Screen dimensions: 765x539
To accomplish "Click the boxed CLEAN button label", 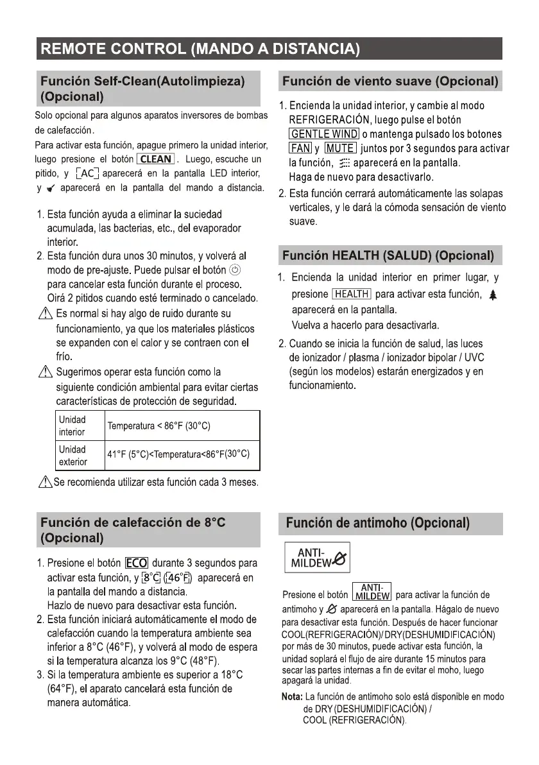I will click(156, 159).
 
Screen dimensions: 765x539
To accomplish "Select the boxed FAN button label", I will click(300, 149).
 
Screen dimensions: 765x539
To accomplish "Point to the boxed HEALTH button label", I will click(352, 295).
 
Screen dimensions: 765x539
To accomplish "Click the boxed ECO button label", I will click(137, 563).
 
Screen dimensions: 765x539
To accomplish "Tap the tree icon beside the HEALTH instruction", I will click(493, 295).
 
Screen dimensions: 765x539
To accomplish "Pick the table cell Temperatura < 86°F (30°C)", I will click(158, 426).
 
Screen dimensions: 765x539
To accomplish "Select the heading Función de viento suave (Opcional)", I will click(391, 82).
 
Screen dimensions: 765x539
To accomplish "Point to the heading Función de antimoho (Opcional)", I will click(378, 524).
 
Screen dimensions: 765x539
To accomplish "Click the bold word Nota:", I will click(293, 697).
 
